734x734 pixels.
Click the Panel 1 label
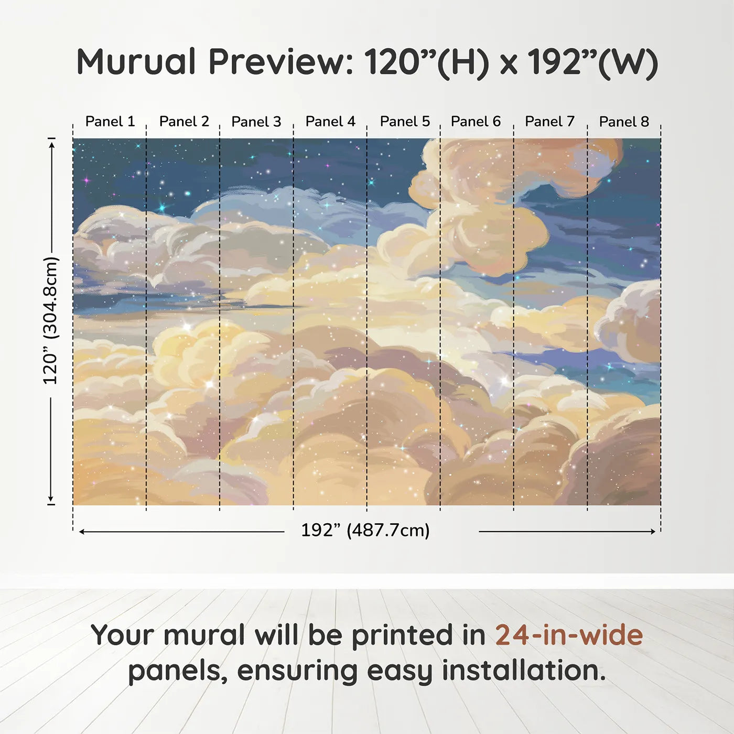point(110,122)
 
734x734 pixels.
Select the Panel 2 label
point(184,122)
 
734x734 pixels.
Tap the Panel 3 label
point(256,122)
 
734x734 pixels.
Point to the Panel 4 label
point(330,122)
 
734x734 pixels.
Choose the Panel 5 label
point(405,122)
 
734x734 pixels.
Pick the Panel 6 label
point(476,122)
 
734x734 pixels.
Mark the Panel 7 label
point(549,122)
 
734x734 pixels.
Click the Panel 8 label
point(624,122)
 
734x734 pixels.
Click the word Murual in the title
point(136,62)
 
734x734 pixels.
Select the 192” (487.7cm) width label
point(365,531)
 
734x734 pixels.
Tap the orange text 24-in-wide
point(569,634)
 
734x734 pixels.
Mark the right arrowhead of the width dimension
point(652,531)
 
